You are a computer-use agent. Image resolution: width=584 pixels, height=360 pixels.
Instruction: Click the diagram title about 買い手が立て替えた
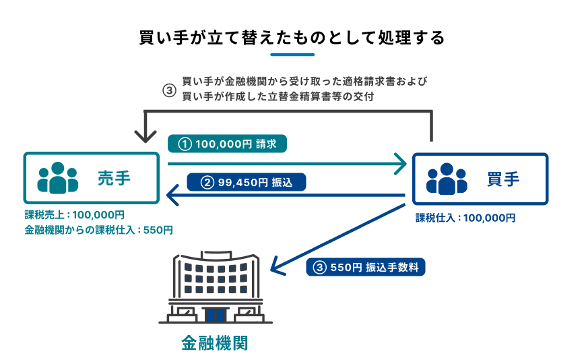coord(292,36)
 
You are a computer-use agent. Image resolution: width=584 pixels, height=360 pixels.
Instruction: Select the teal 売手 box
coord(92,178)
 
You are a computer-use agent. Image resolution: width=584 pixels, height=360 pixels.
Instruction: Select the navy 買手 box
coord(480,179)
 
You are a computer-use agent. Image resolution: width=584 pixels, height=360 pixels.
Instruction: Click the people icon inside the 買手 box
coord(447,179)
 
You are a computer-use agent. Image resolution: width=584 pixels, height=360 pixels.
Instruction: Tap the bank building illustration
coord(215,287)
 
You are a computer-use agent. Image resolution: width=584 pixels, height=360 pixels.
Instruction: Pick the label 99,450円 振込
coord(246,181)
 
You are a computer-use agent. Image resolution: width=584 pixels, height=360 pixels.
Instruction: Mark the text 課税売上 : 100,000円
coord(75,215)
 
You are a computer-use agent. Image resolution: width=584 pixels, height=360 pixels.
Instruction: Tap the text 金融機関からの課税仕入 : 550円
coord(98,230)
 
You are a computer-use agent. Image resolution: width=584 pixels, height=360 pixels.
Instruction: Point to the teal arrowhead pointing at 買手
coord(402,162)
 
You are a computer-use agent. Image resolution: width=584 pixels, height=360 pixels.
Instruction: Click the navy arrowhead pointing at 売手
coord(171,196)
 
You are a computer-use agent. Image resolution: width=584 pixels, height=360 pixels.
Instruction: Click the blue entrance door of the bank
coord(215,314)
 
